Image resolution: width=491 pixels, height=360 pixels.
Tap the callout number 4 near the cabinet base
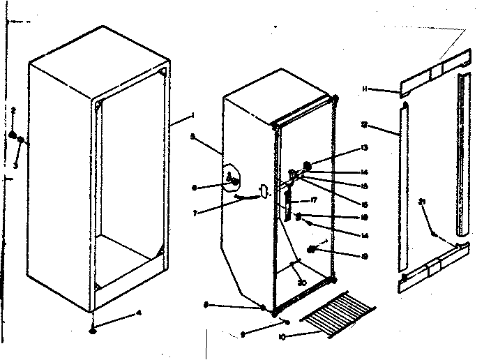coord(138,313)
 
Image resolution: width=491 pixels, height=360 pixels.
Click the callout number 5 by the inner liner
coord(192,137)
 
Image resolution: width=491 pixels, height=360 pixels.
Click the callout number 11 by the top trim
coord(365,89)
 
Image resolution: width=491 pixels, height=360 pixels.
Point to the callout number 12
coord(365,125)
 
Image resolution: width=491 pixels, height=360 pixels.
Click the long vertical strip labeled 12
coord(402,188)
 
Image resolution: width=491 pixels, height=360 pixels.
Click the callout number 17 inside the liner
coord(314,201)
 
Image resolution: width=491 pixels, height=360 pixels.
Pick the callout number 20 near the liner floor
coord(301,283)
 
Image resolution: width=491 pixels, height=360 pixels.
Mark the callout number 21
coord(421,202)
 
